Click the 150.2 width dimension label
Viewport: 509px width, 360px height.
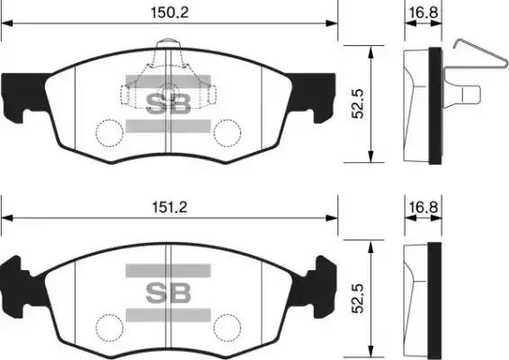click(169, 13)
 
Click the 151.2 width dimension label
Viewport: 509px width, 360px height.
click(170, 207)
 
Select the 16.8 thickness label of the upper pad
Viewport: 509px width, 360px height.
click(424, 13)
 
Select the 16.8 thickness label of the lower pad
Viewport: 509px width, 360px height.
click(424, 207)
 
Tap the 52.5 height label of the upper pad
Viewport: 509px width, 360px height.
click(359, 104)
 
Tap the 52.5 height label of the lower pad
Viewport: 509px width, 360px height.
click(358, 299)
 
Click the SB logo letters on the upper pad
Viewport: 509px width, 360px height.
click(168, 103)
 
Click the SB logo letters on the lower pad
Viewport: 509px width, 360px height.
click(168, 292)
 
